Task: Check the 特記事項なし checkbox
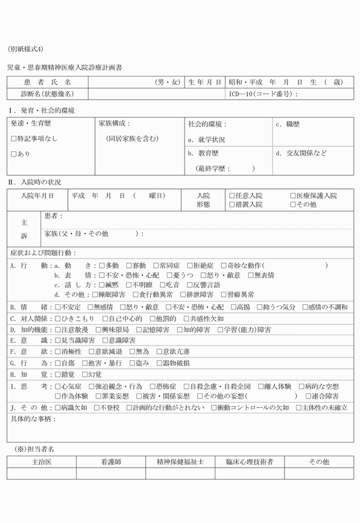14,139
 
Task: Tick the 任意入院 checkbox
232,195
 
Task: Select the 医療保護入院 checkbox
293,195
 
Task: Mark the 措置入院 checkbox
232,204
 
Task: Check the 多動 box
102,266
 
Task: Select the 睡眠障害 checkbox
102,295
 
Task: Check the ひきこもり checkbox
58,319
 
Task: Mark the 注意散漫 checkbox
58,330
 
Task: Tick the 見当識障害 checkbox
58,341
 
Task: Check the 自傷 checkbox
58,363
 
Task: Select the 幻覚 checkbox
84,375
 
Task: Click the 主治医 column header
42,462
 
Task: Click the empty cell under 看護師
111,473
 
